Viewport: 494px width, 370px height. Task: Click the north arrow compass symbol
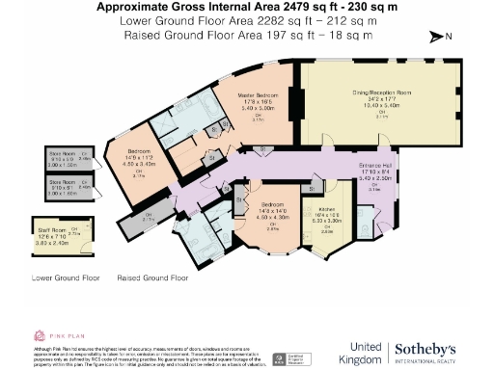442,37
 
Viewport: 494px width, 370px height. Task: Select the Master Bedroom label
260,95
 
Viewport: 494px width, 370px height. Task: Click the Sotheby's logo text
431,348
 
